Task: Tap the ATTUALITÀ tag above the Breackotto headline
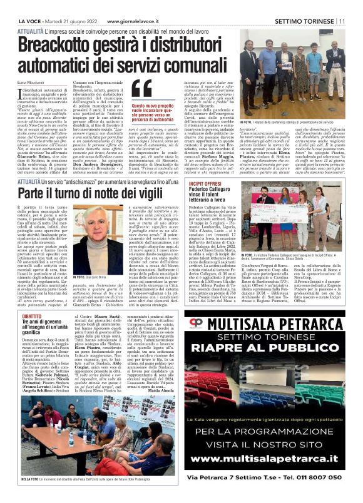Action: (31, 30)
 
